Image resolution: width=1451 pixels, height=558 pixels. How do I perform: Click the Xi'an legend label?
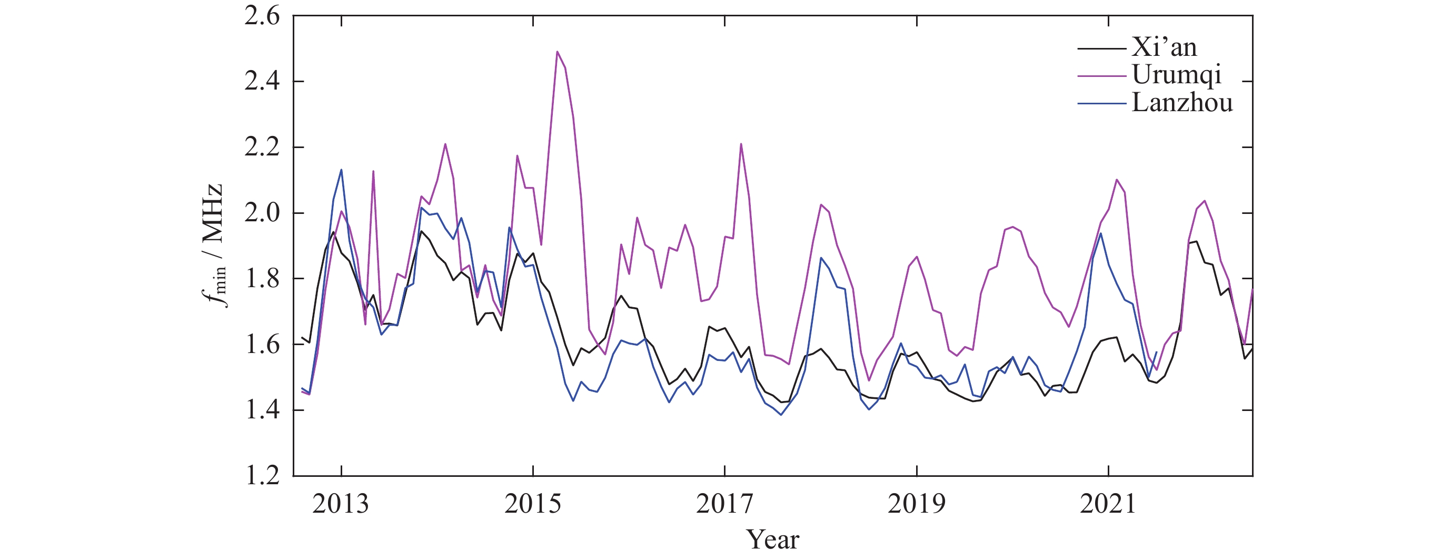click(x=1164, y=47)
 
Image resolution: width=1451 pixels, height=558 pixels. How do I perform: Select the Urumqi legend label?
click(x=1176, y=74)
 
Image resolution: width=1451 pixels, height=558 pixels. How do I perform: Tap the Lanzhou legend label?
click(x=1182, y=103)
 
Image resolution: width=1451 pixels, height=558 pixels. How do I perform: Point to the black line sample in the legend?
click(x=1101, y=49)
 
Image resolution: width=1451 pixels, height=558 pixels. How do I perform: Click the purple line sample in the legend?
click(x=1101, y=76)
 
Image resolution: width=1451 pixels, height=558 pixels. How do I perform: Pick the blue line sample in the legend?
click(x=1101, y=104)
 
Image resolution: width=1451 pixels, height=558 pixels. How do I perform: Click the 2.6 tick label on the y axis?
click(x=262, y=16)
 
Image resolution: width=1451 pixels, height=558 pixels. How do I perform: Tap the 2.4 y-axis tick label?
click(x=262, y=82)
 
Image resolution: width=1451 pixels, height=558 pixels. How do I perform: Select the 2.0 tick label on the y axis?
click(x=262, y=213)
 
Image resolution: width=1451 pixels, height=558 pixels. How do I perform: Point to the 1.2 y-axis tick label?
click(x=262, y=476)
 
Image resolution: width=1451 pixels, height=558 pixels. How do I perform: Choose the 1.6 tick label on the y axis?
click(x=262, y=345)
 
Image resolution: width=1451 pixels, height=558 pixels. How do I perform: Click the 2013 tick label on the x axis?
click(x=340, y=504)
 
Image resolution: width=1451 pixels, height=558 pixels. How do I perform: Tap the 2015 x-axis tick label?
click(x=532, y=504)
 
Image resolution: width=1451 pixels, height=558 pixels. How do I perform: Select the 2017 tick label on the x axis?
click(x=724, y=504)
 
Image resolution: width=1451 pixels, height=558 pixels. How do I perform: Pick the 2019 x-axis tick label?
click(x=917, y=504)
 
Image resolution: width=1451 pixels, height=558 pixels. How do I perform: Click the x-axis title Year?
click(x=773, y=540)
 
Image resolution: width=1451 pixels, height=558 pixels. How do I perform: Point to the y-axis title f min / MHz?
click(x=214, y=246)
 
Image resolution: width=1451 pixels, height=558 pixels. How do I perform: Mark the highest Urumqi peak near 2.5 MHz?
click(x=557, y=52)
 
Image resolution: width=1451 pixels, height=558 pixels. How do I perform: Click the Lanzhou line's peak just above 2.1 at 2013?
click(x=341, y=170)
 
